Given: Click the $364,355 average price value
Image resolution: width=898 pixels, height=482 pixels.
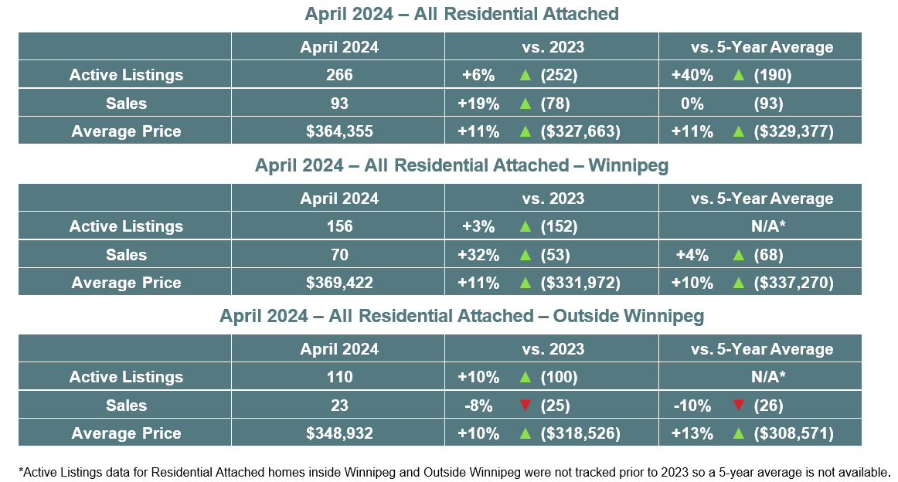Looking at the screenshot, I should pos(338,131).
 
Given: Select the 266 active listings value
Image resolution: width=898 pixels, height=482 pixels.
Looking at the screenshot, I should pos(338,75).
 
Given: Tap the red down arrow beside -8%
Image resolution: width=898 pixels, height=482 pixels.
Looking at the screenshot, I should pos(526,406).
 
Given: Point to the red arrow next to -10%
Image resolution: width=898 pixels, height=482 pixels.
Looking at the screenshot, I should pos(738,406).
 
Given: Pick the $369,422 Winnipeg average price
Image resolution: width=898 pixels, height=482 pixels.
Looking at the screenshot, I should pos(338,283).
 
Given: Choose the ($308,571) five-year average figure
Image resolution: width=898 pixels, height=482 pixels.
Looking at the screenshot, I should pos(794,434).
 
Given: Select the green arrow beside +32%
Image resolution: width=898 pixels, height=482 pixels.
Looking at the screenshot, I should pos(526,255).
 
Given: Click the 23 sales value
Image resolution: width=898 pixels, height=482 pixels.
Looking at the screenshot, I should pos(338,406).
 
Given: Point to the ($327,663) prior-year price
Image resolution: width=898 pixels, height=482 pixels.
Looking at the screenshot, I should pos(580,131).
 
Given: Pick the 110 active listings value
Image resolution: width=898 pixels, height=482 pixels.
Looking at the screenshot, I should pos(338,377).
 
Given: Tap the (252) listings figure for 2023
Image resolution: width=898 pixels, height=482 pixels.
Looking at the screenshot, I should pos(558,75).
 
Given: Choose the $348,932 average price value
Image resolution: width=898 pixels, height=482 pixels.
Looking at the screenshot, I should pos(338,434).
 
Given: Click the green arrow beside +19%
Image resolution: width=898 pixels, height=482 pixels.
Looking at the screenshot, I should pos(526,104).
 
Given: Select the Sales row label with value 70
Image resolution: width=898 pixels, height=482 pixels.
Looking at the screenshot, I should pos(126,255).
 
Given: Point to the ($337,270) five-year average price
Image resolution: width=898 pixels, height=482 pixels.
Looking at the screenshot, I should pos(794,283).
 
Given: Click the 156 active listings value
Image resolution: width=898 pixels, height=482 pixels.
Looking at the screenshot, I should pos(338,226).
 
